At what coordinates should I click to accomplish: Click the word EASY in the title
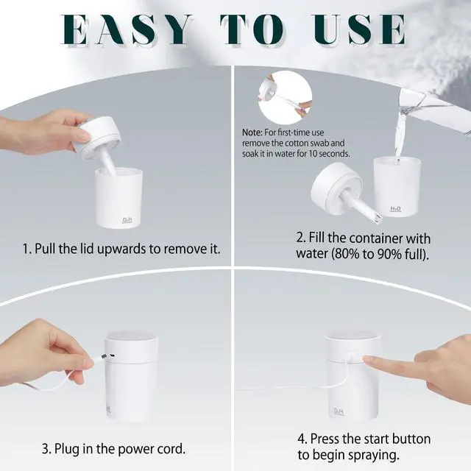pos(127,29)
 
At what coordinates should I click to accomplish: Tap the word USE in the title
pos(360,29)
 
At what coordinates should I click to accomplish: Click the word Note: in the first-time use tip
pos(252,132)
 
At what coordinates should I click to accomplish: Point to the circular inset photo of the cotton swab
pos(285,98)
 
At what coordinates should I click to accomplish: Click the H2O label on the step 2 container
pos(395,209)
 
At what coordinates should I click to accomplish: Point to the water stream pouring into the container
pos(400,135)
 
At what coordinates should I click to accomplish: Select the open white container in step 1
pos(118,198)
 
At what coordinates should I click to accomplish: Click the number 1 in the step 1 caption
pos(26,249)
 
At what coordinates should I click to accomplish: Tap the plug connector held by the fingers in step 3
pos(103,356)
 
